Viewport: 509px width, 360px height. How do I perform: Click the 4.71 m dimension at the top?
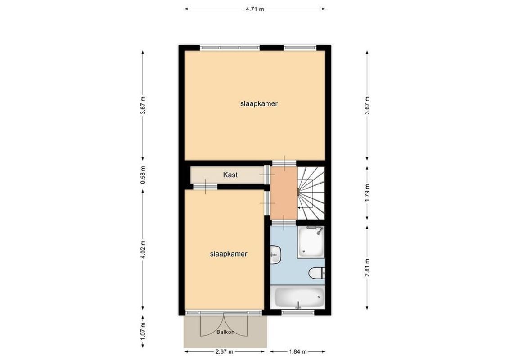tap(255, 9)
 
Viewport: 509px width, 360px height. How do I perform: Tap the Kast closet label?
tap(230, 175)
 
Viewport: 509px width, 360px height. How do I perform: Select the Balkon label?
tap(225, 333)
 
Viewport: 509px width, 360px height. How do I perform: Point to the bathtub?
tap(299, 297)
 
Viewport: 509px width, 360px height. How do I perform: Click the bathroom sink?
tap(275, 255)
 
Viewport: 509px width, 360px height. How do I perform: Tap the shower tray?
tap(311, 242)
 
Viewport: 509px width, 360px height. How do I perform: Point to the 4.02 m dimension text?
tap(143, 250)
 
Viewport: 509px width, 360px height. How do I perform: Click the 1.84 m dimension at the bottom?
tap(296, 351)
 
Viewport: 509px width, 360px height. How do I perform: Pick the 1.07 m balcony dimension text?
tap(143, 331)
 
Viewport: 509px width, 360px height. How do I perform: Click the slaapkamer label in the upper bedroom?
tap(258, 103)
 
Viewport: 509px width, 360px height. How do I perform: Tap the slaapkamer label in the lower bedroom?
tap(229, 254)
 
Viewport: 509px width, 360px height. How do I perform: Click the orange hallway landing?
tap(283, 191)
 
